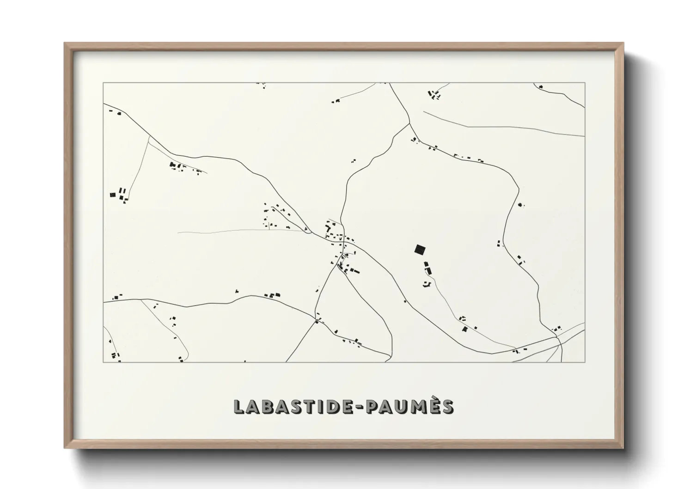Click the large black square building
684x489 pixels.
(x=419, y=250)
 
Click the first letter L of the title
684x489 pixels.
(x=239, y=406)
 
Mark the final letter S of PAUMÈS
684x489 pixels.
(x=446, y=406)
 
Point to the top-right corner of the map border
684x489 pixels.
(x=585, y=83)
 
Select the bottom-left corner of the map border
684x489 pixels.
(x=103, y=362)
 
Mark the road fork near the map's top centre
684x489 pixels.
(x=409, y=123)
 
